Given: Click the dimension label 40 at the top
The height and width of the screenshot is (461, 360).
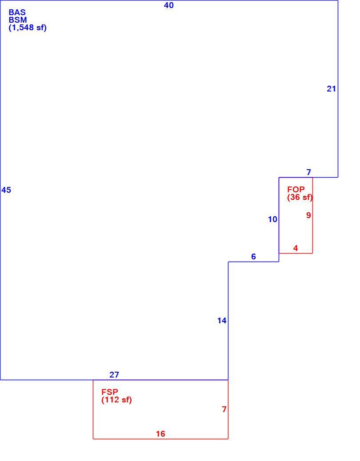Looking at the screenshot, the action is point(169,5).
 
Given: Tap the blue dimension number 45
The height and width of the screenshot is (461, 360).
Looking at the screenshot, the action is point(6,190).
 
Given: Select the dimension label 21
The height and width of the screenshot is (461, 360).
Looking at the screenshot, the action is point(331,88).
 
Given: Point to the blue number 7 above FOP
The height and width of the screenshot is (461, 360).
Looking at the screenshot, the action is point(308,172).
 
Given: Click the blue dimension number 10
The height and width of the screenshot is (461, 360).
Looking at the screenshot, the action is point(272,219).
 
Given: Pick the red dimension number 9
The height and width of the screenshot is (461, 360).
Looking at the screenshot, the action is point(308,215).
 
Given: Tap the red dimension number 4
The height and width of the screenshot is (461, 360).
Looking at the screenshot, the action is point(296,248).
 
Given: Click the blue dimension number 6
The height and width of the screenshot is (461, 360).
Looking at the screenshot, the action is point(253,256).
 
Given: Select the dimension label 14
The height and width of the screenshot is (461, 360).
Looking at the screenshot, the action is point(222,321).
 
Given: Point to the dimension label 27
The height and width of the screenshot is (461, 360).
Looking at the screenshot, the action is point(114,374).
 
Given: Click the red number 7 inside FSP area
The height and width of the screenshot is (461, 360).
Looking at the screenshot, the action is point(224,409).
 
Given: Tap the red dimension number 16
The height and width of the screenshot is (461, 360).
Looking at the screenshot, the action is point(160,433).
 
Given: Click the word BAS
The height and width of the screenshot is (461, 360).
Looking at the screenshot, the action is point(17,12).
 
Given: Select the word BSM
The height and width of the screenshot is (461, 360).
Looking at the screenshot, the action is point(18,20).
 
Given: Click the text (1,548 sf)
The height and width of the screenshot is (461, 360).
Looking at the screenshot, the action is point(28,28).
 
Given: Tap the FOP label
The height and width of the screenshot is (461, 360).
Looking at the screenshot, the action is point(296,189).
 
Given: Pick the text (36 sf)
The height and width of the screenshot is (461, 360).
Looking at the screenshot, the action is point(300,197).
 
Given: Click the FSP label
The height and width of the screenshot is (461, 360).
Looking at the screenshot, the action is point(110,392).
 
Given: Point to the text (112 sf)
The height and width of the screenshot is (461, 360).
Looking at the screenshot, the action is point(116,400).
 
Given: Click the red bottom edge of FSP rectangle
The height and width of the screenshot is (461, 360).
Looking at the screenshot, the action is point(160,439).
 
